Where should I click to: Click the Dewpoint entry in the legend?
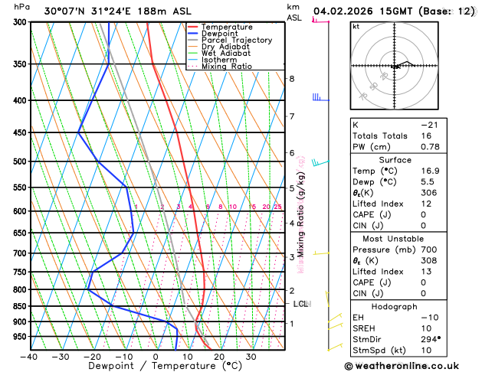(221, 34)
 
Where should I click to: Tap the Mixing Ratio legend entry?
(226, 67)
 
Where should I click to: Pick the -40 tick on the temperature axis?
(30, 357)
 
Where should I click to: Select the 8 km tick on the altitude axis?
(291, 79)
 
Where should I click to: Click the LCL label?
(301, 304)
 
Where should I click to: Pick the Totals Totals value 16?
(425, 135)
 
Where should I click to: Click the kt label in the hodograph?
(356, 26)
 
